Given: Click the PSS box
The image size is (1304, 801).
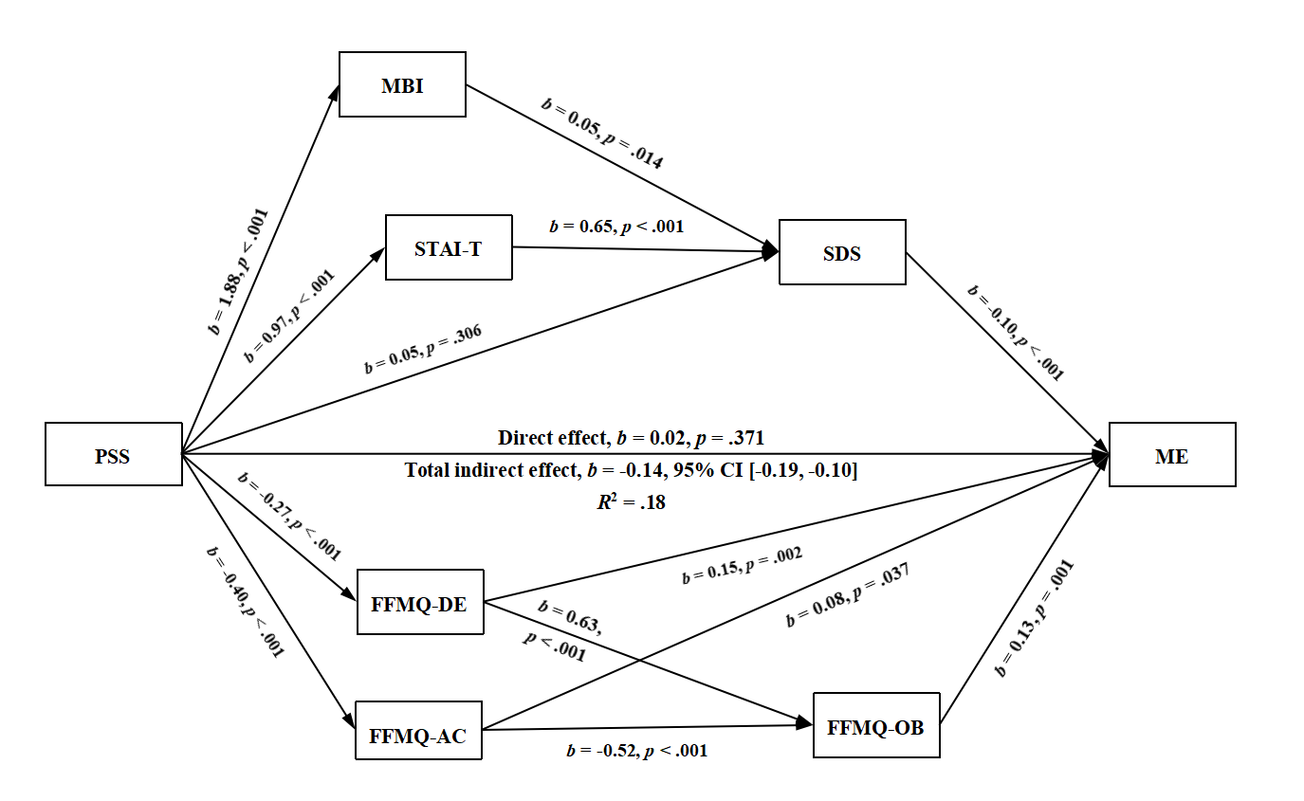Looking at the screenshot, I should tap(114, 454).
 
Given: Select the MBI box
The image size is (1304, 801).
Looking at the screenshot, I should tap(402, 83).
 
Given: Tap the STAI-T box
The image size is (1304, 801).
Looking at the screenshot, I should tap(449, 247).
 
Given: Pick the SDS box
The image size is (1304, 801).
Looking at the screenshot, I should tap(842, 252).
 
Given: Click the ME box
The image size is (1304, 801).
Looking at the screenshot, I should tap(1172, 454).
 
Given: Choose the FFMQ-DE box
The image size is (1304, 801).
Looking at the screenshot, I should tap(421, 602).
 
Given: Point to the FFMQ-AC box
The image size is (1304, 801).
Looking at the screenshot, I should tap(418, 730).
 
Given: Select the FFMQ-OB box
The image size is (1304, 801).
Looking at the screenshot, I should tap(876, 725).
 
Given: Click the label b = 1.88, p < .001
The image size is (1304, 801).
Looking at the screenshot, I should tap(238, 271).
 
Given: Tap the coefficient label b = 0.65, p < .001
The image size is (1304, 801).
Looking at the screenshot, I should tap(616, 227).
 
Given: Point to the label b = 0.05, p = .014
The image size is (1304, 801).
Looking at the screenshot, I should tap(600, 133).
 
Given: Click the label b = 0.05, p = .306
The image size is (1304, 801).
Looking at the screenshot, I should tap(423, 349).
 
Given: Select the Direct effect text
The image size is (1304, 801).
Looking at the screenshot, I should tap(631, 438).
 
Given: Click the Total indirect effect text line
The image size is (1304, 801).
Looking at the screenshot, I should tap(631, 470).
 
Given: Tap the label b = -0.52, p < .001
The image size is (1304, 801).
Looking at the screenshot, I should tap(636, 751).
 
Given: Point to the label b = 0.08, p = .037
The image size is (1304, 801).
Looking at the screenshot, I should tap(847, 595).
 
